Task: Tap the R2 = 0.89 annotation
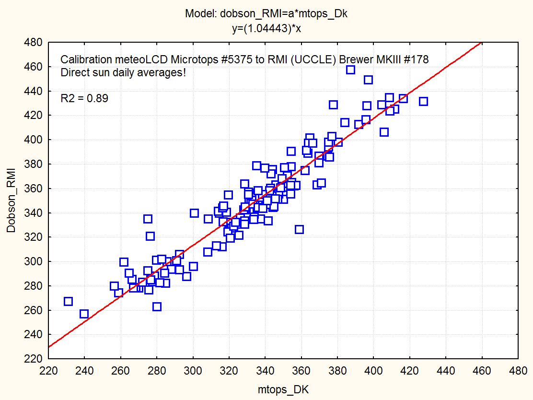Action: pyautogui.click(x=84, y=99)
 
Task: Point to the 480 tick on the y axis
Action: pyautogui.click(x=35, y=43)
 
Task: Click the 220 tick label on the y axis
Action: pyautogui.click(x=35, y=359)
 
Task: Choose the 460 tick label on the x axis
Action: pyautogui.click(x=482, y=371)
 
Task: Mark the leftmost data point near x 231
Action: pyautogui.click(x=68, y=301)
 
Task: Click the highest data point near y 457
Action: pyautogui.click(x=350, y=70)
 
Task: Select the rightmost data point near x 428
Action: pyautogui.click(x=423, y=101)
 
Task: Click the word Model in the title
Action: pyautogui.click(x=200, y=14)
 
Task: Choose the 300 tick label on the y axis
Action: pyautogui.click(x=35, y=261)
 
